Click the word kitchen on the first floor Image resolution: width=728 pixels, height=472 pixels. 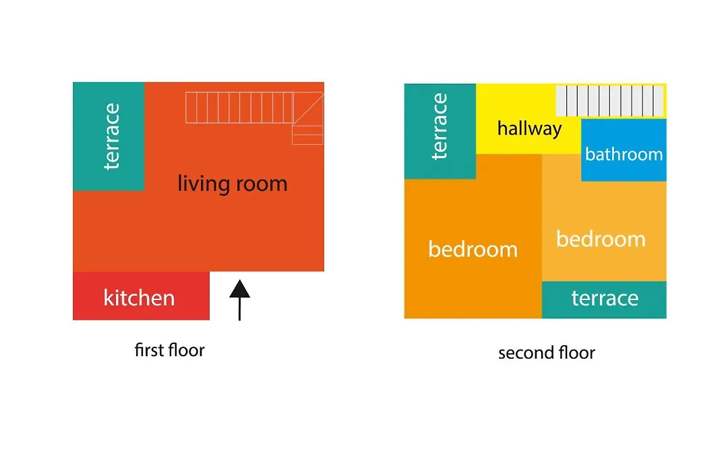coord(139,297)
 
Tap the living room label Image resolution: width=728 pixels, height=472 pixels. coord(232,183)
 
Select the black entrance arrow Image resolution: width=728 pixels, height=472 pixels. coord(239,300)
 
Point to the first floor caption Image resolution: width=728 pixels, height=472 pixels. coord(169,350)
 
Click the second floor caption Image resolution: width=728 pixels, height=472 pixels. coord(547,353)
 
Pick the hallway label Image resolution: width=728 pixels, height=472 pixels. coord(529,128)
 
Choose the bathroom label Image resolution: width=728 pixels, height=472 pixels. coord(624,154)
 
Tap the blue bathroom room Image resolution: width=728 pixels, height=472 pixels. coord(624,150)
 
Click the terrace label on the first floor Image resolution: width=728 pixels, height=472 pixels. coord(111,137)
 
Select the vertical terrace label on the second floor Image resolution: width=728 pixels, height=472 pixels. coord(439,126)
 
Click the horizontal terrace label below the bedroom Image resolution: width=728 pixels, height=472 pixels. coord(605,298)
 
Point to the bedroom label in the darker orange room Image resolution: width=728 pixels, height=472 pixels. coord(473,249)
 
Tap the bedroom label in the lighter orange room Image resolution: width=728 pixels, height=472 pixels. coord(601,239)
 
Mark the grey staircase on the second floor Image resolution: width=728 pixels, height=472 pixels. coord(609,100)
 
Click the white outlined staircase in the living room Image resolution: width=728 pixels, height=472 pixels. coord(254,114)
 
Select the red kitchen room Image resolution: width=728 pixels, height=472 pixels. coord(141,296)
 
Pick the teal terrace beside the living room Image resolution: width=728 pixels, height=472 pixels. coord(109,137)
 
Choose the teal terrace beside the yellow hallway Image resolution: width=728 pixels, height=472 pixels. coord(440,131)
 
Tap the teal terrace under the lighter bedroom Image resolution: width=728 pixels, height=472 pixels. coord(604,299)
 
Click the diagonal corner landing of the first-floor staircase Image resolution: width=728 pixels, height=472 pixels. coord(308,109)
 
